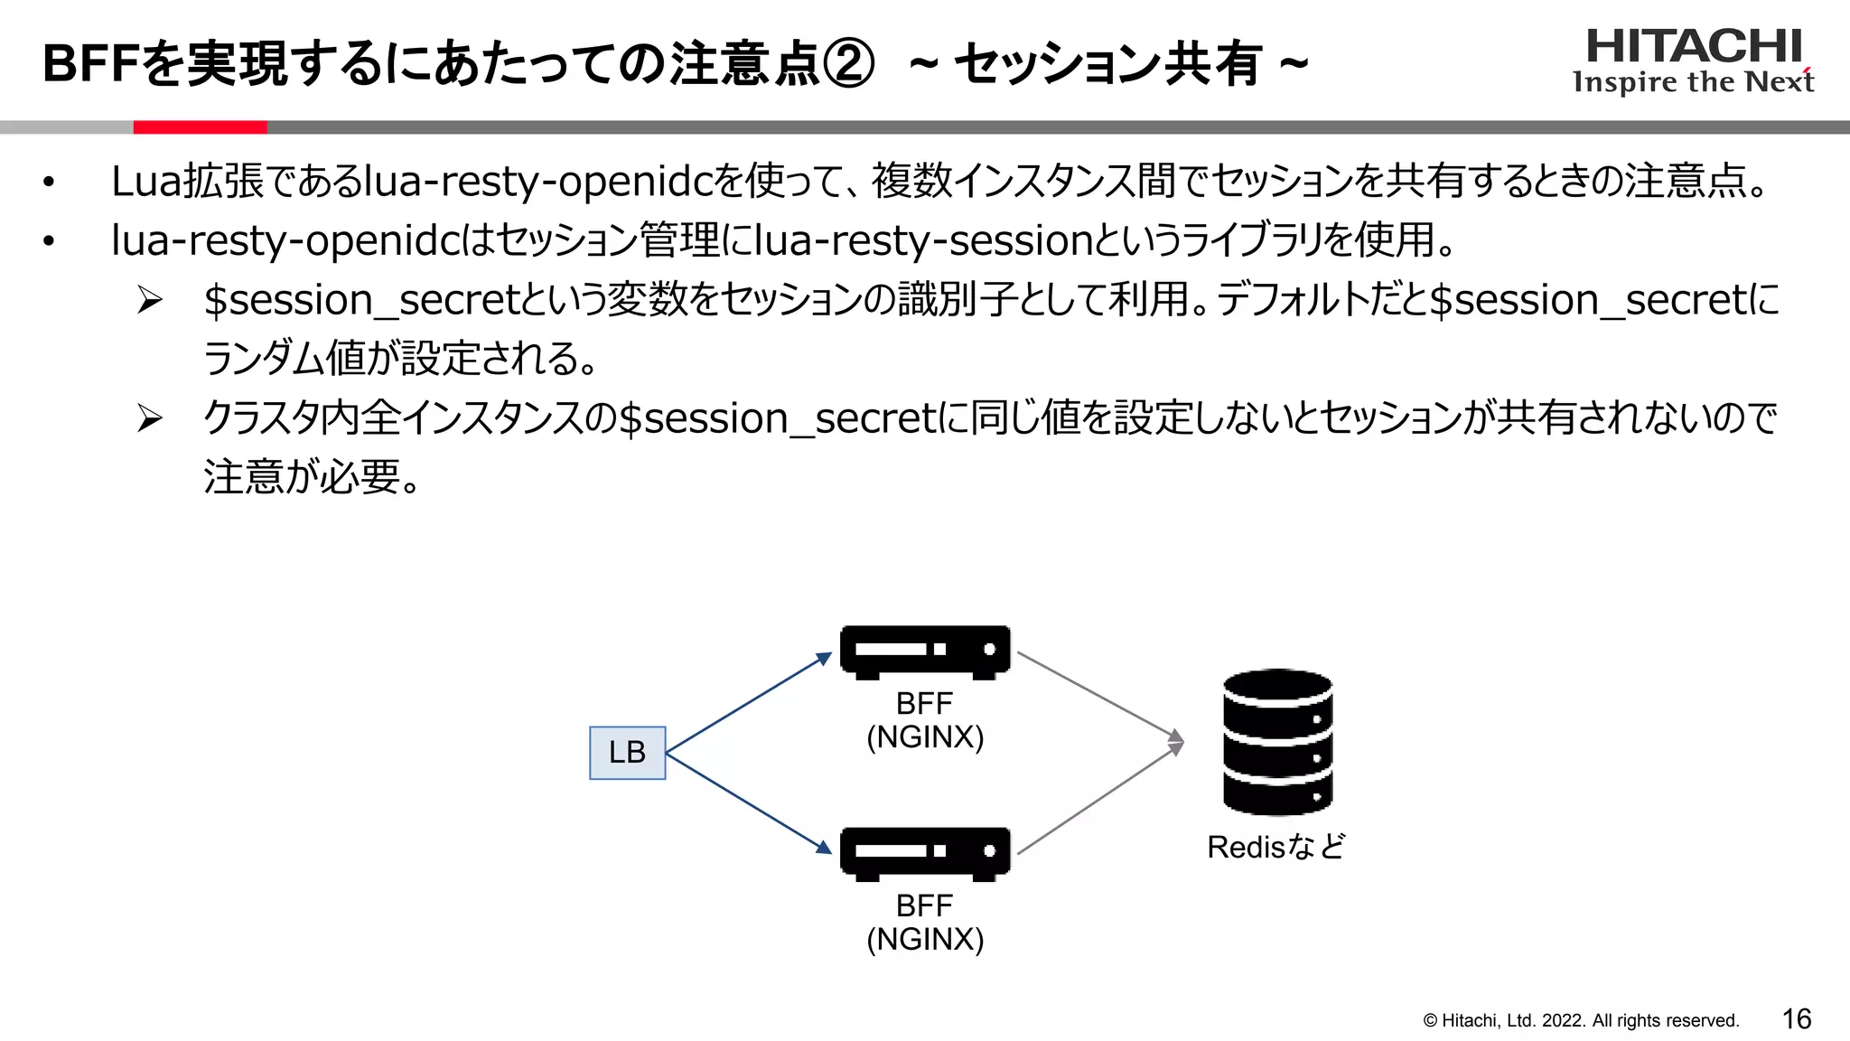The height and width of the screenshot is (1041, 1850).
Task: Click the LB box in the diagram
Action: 627,752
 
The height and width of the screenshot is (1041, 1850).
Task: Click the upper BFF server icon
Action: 924,651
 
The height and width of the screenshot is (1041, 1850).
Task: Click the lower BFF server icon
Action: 924,852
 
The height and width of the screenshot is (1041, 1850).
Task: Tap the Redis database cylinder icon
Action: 1277,742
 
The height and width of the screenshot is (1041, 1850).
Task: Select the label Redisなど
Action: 1275,847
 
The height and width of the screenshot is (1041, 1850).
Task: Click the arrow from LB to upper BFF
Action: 748,703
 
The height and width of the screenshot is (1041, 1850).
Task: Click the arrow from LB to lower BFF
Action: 748,802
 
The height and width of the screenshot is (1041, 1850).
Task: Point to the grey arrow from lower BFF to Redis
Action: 1098,800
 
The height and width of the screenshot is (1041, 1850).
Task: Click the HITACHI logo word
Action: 1694,46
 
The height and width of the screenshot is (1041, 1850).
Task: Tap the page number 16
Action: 1796,1019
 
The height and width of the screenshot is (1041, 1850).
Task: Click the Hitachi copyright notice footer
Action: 1581,1020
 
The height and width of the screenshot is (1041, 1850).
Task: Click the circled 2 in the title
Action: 847,64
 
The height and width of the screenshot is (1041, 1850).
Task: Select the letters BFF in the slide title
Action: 91,64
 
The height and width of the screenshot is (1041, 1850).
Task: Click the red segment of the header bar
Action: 200,127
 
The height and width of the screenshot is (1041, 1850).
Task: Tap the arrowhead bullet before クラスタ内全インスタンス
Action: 149,418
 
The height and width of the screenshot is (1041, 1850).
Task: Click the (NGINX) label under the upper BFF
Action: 924,737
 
